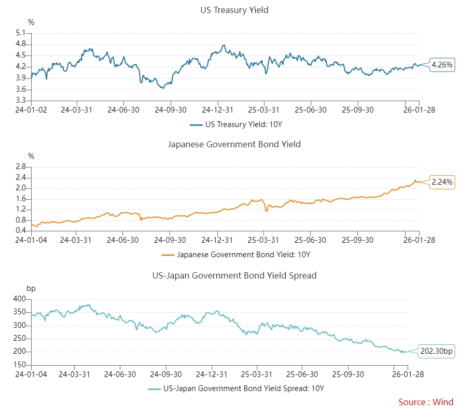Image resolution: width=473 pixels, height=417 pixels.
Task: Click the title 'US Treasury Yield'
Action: point(234,10)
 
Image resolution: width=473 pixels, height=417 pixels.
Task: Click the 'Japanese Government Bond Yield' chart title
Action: point(234,144)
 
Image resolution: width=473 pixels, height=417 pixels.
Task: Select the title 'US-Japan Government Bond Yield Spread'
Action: point(234,275)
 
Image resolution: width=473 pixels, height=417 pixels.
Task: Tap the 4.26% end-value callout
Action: point(442,65)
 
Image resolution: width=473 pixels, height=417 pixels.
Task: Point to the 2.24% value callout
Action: point(442,182)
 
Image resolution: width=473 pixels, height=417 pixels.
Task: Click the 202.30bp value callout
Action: point(437,352)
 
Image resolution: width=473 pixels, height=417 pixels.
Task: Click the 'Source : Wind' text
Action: point(426,402)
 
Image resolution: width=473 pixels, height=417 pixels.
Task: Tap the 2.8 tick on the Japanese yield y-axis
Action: point(21,167)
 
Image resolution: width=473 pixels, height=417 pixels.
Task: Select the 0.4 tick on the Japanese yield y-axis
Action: point(21,231)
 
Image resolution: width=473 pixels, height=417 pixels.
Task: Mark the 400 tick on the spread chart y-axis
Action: point(20,299)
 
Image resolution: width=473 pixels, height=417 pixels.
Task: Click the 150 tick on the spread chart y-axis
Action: point(20,365)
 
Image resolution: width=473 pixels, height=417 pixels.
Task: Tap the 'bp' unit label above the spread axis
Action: point(31,288)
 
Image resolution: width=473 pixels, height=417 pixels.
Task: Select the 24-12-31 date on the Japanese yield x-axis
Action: point(218,240)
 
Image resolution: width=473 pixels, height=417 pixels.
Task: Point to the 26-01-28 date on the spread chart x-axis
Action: point(407,374)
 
